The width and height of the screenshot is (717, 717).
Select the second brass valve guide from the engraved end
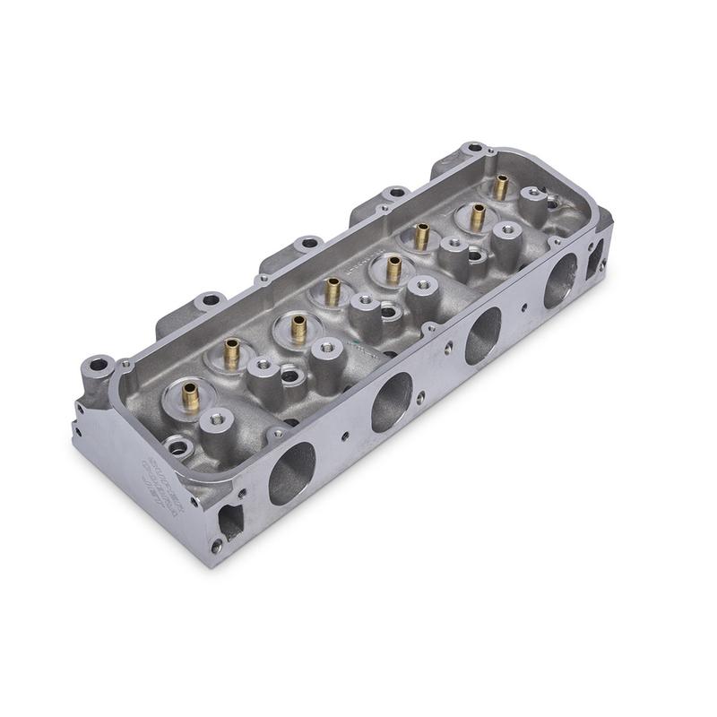pyautogui.click(x=231, y=352)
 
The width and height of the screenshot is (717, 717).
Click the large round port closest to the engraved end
pyautogui.click(x=292, y=471)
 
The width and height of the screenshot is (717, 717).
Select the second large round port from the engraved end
pyautogui.click(x=392, y=400)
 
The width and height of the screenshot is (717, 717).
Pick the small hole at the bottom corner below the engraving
pyautogui.click(x=216, y=544)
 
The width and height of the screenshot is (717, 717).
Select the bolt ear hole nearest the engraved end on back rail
pyautogui.click(x=210, y=301)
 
